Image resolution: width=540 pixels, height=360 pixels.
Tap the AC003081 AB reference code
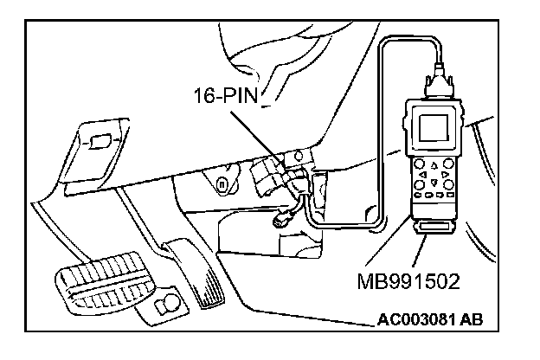point(430,318)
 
